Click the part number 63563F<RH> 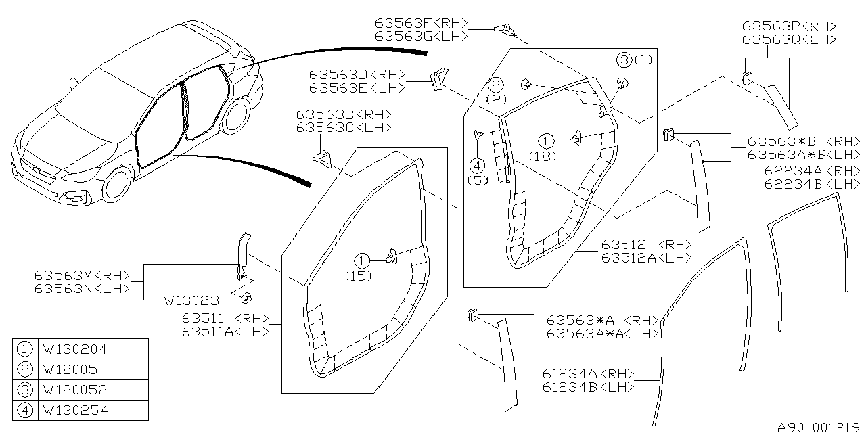tap(421, 23)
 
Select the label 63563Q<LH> tap(789, 39)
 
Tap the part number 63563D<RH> tap(357, 74)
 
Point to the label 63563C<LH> tap(343, 127)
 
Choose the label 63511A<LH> tap(225, 331)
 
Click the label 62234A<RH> tap(811, 171)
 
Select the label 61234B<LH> tap(588, 387)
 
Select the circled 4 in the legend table tap(24, 410)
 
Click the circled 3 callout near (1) tap(622, 60)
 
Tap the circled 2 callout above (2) tap(496, 85)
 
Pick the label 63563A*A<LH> tap(602, 333)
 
